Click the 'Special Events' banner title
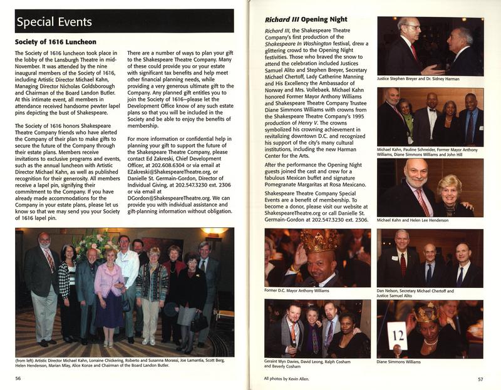point(54,23)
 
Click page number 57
point(480,378)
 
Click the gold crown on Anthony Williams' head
point(319,240)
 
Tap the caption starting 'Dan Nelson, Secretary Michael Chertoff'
point(415,292)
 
